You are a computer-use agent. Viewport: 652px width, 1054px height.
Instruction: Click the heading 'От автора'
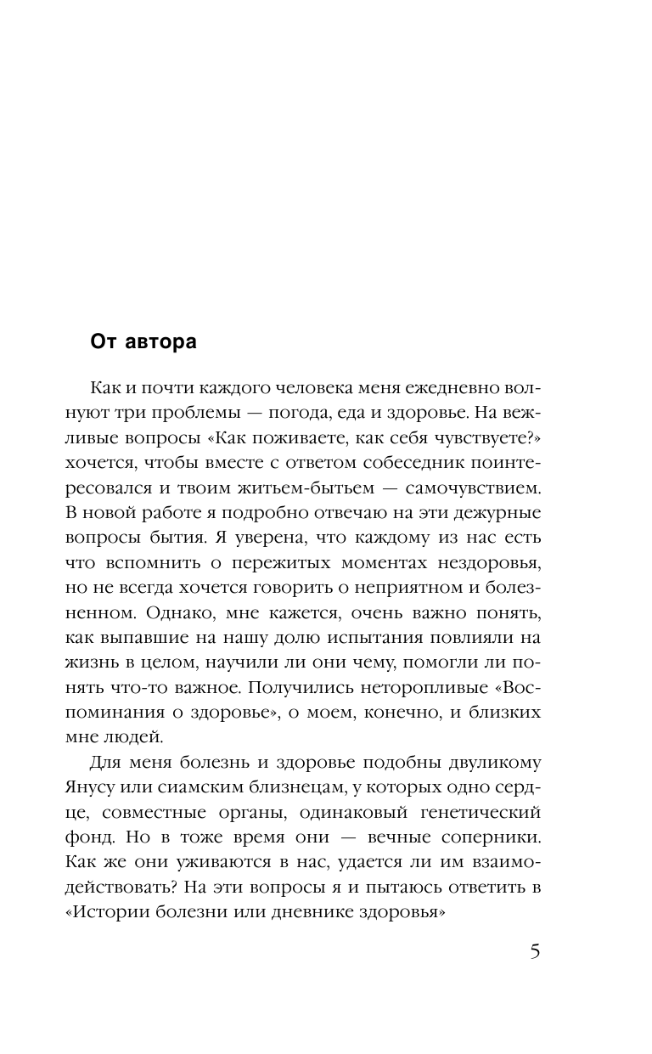click(143, 342)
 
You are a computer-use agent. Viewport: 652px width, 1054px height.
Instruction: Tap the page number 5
click(534, 950)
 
